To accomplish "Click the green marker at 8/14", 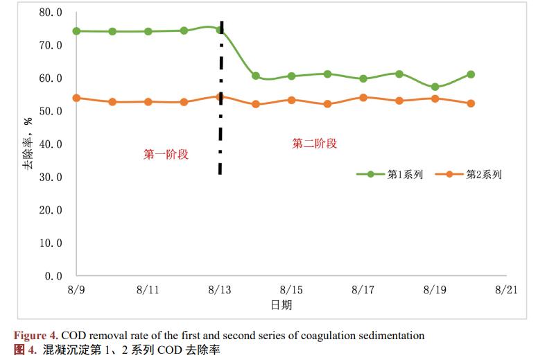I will tap(256, 76).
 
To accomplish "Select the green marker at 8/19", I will tap(435, 87).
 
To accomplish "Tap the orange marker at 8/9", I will tap(76, 98).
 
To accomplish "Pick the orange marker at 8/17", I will tap(363, 98).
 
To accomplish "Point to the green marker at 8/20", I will tap(471, 74).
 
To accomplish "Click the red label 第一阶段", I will tap(166, 155).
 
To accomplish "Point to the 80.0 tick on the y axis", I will tap(51, 12).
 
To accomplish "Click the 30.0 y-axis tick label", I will tap(51, 177).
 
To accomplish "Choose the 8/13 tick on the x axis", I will tap(220, 290).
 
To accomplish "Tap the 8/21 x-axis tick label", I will tap(507, 290).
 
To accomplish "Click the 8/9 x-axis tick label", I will tap(76, 290).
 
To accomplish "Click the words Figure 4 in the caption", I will tap(33, 336).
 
